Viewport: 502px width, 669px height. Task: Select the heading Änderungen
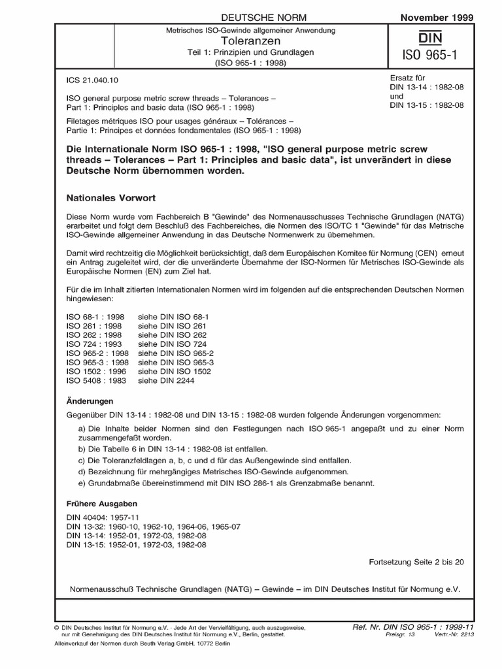91,400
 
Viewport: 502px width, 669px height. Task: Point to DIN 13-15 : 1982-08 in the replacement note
426,106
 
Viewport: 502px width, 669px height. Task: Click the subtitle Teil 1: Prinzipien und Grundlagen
252,53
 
